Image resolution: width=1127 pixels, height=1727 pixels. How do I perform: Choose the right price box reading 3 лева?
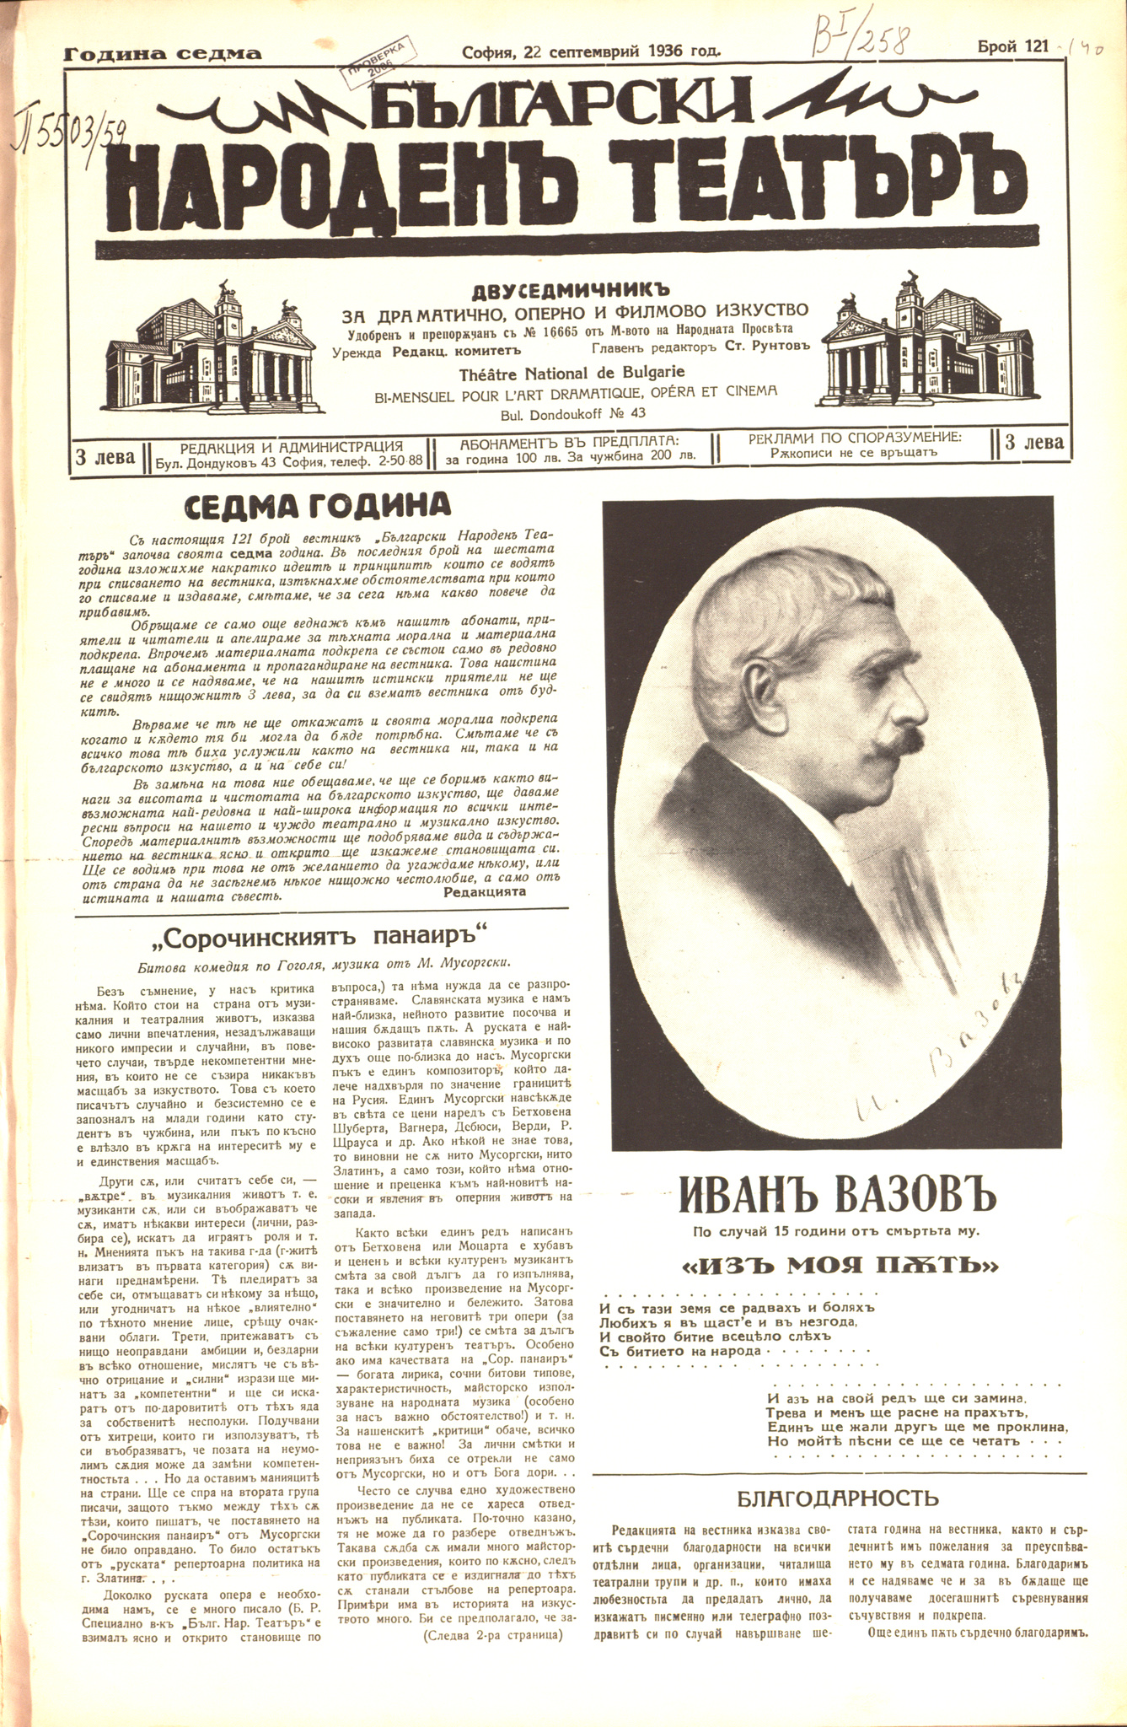[x=1034, y=442]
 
